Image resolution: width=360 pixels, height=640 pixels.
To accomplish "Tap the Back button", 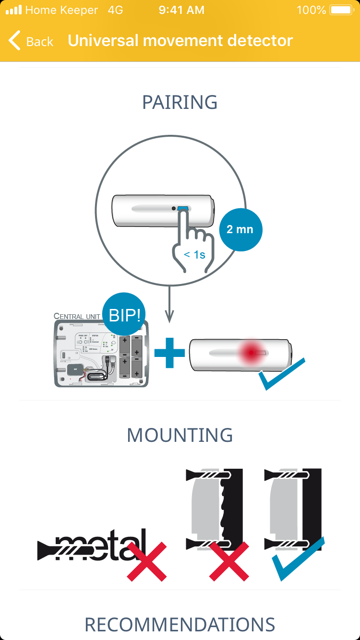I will click(31, 41).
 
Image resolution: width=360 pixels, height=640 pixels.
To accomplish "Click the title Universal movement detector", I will click(180, 41).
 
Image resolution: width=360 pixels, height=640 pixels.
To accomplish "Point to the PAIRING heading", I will click(180, 103).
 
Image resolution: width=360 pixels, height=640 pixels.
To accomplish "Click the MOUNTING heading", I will click(180, 435).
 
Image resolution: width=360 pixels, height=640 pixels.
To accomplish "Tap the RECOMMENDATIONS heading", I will click(180, 625).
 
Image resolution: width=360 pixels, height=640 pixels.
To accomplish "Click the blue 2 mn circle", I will click(240, 229).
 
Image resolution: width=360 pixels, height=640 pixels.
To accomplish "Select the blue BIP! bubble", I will click(124, 315).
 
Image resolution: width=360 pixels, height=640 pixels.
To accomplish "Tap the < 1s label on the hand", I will click(194, 255).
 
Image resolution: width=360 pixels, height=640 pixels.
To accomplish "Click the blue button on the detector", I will click(183, 209).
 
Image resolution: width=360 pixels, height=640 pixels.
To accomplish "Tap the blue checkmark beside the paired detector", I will click(281, 374).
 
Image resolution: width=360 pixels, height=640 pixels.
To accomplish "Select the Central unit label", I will click(77, 317).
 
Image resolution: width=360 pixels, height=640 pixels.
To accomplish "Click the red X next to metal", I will click(146, 561).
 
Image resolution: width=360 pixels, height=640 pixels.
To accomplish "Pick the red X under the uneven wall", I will click(229, 561).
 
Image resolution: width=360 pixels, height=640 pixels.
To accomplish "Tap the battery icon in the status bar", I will click(341, 10).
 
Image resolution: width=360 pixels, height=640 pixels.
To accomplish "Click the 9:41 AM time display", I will click(181, 10).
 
